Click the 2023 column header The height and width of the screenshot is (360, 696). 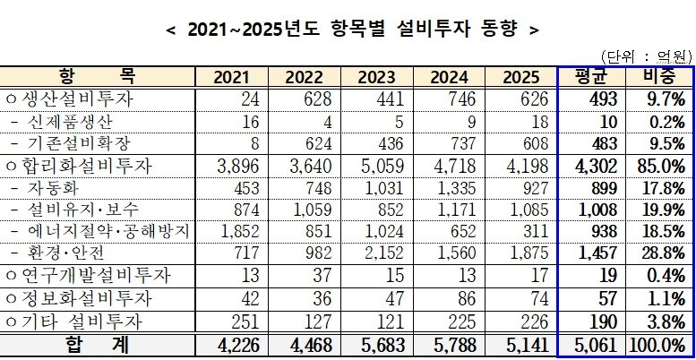(x=383, y=78)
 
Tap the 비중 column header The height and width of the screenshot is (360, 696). (x=660, y=76)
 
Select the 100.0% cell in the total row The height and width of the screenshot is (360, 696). (x=660, y=344)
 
